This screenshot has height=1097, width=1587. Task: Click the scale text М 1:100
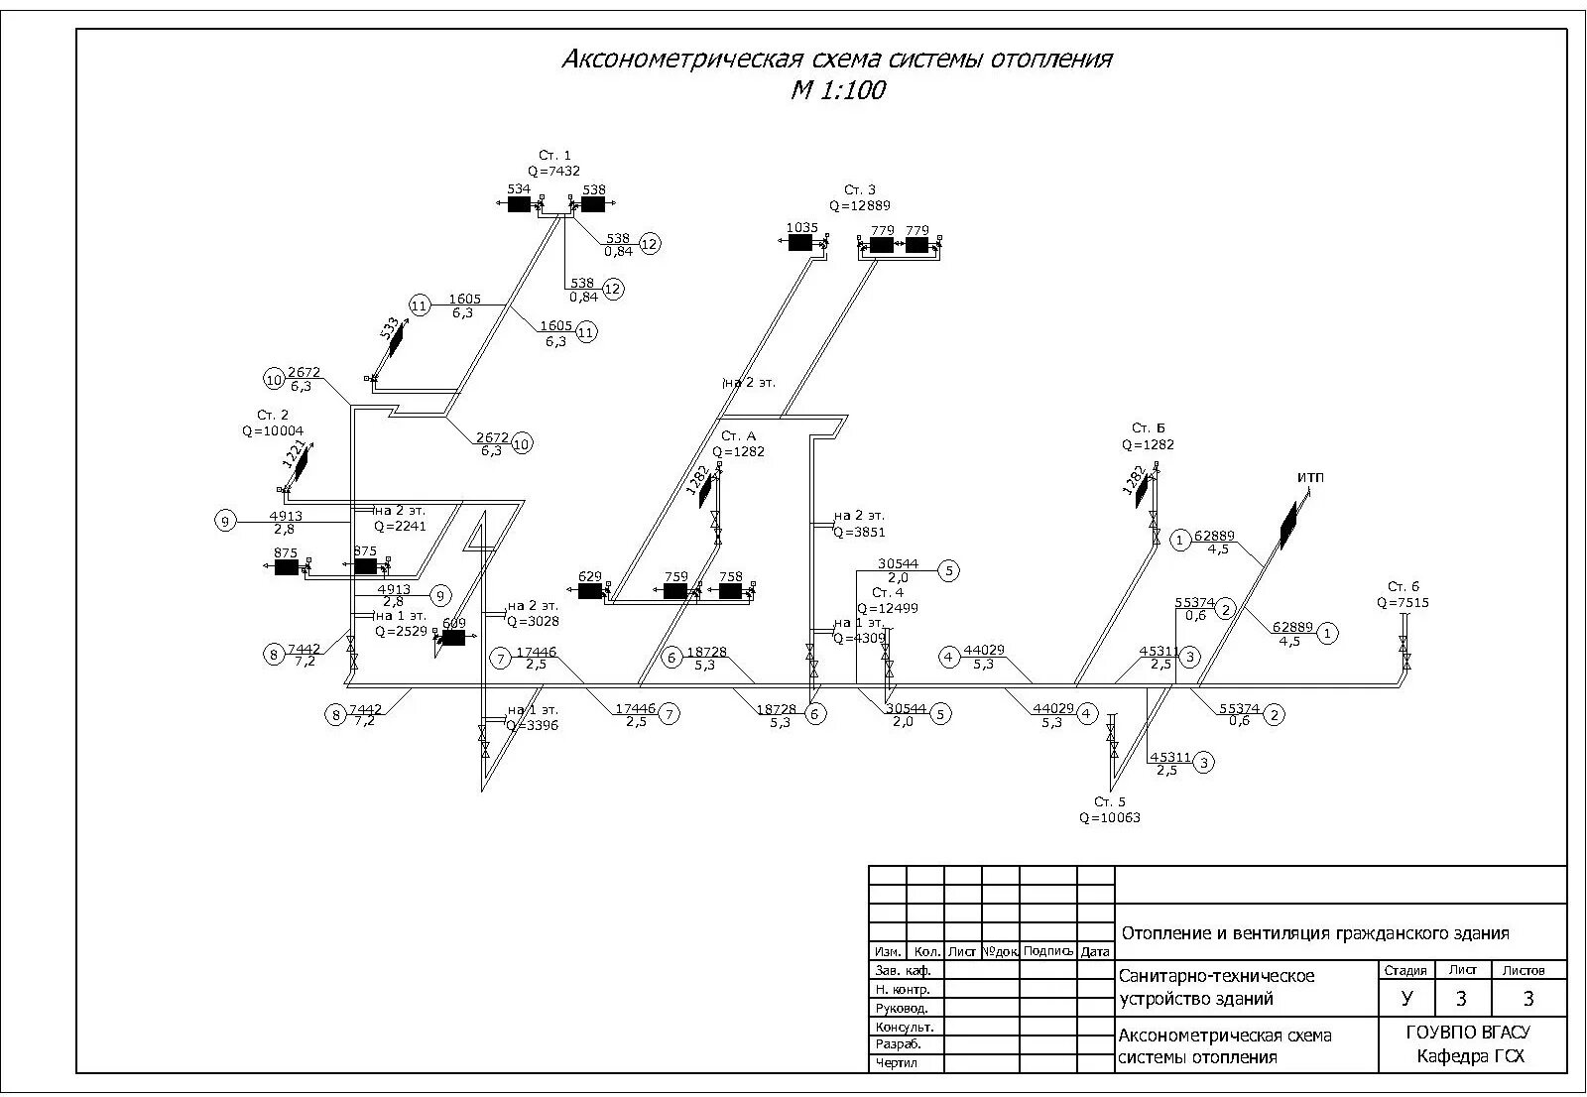click(837, 91)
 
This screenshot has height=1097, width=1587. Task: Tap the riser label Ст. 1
click(554, 156)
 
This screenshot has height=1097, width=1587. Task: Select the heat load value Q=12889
click(860, 205)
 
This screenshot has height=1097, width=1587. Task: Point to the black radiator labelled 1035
click(800, 243)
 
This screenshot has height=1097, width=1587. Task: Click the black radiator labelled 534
click(519, 204)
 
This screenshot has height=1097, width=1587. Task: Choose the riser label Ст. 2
click(273, 415)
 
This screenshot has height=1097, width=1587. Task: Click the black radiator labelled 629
click(590, 591)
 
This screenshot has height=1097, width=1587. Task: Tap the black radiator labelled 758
click(731, 591)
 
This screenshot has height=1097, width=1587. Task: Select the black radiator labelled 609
click(453, 638)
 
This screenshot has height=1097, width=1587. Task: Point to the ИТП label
click(1310, 478)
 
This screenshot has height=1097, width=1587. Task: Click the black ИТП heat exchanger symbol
click(1287, 526)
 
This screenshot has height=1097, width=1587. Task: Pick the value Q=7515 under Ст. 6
click(1403, 602)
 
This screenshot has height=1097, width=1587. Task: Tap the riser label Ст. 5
click(1110, 801)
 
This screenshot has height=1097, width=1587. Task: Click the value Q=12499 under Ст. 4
click(888, 608)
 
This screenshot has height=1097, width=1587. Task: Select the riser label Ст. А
click(738, 436)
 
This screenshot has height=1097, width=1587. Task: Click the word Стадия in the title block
click(1406, 971)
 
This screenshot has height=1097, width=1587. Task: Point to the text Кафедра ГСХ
click(1471, 1056)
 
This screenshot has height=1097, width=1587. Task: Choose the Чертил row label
click(896, 1063)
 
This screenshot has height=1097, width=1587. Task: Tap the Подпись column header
click(1047, 951)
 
